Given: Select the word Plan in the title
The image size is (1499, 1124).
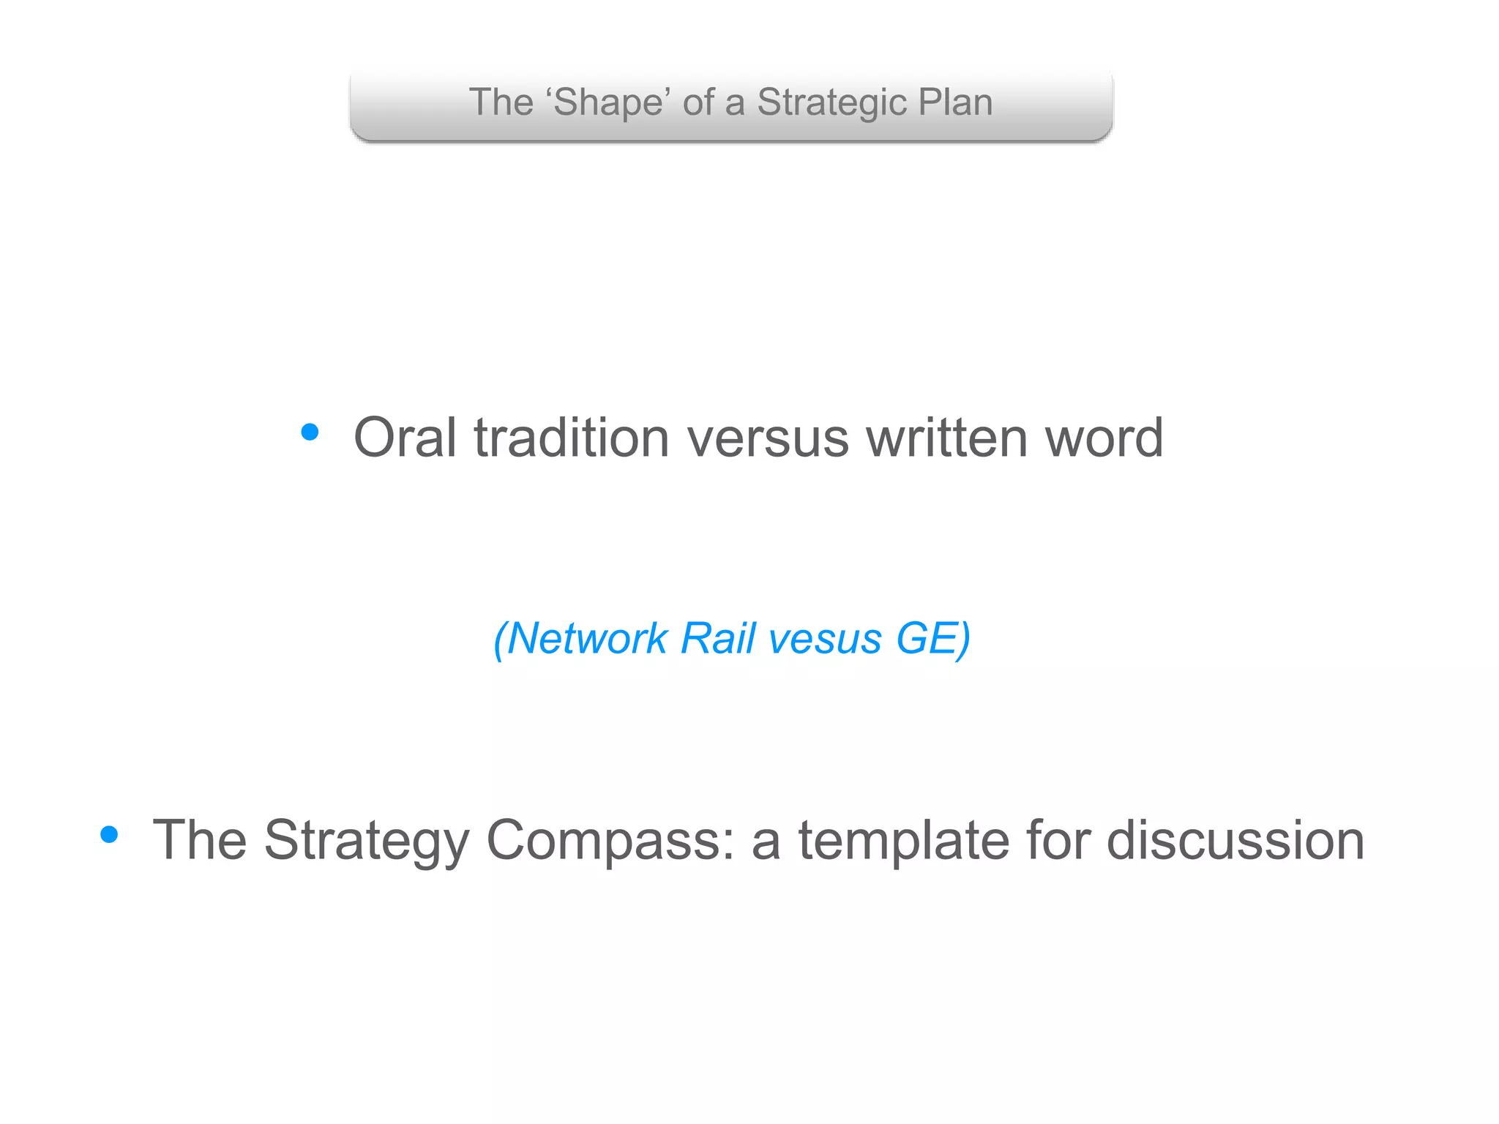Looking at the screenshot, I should click(955, 102).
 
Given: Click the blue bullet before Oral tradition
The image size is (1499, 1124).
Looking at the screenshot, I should click(310, 432).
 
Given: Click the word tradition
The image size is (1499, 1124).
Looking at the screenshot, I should click(572, 438).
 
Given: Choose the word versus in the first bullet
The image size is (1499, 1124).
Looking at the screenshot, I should click(768, 438).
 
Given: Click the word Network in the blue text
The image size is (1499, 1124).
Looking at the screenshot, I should click(586, 638).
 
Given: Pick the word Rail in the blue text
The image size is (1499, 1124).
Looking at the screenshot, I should click(717, 638).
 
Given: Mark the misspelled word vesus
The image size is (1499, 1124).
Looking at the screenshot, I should click(825, 638).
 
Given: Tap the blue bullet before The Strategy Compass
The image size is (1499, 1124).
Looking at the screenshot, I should click(109, 834).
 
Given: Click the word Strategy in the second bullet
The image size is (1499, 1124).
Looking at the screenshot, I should click(367, 840).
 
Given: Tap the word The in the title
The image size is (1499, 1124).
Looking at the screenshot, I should click(501, 102).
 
